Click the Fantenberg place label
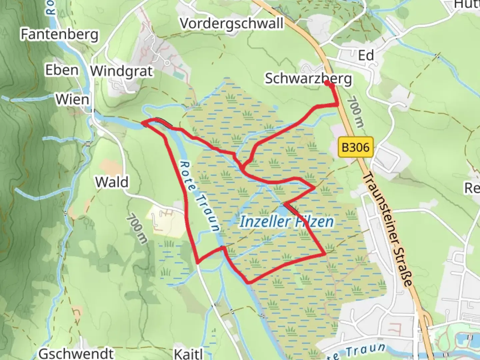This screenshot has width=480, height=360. point(60,34)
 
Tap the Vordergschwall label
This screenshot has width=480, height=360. point(232,24)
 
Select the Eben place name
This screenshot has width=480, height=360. point(62,70)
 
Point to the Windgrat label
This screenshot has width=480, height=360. point(122,71)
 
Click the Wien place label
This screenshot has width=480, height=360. point(72,99)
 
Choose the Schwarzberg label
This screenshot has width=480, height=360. point(308,79)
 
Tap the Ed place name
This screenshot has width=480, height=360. point(366,55)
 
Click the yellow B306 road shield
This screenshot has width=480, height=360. point(356,147)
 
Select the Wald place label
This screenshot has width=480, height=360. point(112,182)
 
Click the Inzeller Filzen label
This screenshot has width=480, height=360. point(287,222)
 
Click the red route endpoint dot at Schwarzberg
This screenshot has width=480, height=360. point(332,85)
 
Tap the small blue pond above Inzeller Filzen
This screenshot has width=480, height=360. point(282,211)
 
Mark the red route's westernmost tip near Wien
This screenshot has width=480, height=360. point(144,124)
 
